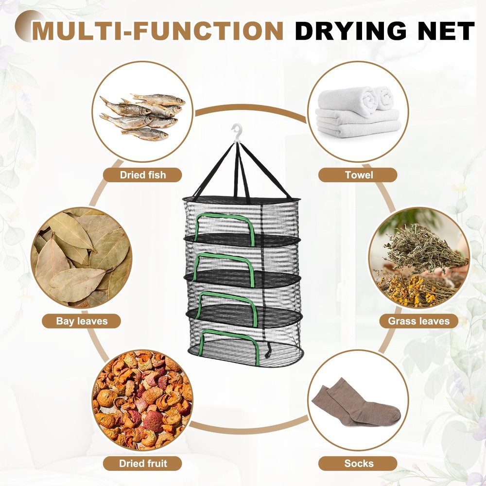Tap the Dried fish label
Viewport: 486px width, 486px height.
(x=143, y=175)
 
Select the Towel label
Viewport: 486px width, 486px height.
(x=359, y=175)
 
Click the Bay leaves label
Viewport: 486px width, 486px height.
(x=82, y=321)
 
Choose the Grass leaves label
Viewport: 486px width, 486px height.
(x=418, y=321)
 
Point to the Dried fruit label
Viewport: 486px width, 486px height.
(x=143, y=463)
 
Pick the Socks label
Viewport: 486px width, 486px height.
(x=359, y=463)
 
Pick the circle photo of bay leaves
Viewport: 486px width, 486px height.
(x=82, y=258)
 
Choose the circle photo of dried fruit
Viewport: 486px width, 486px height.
(x=142, y=399)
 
